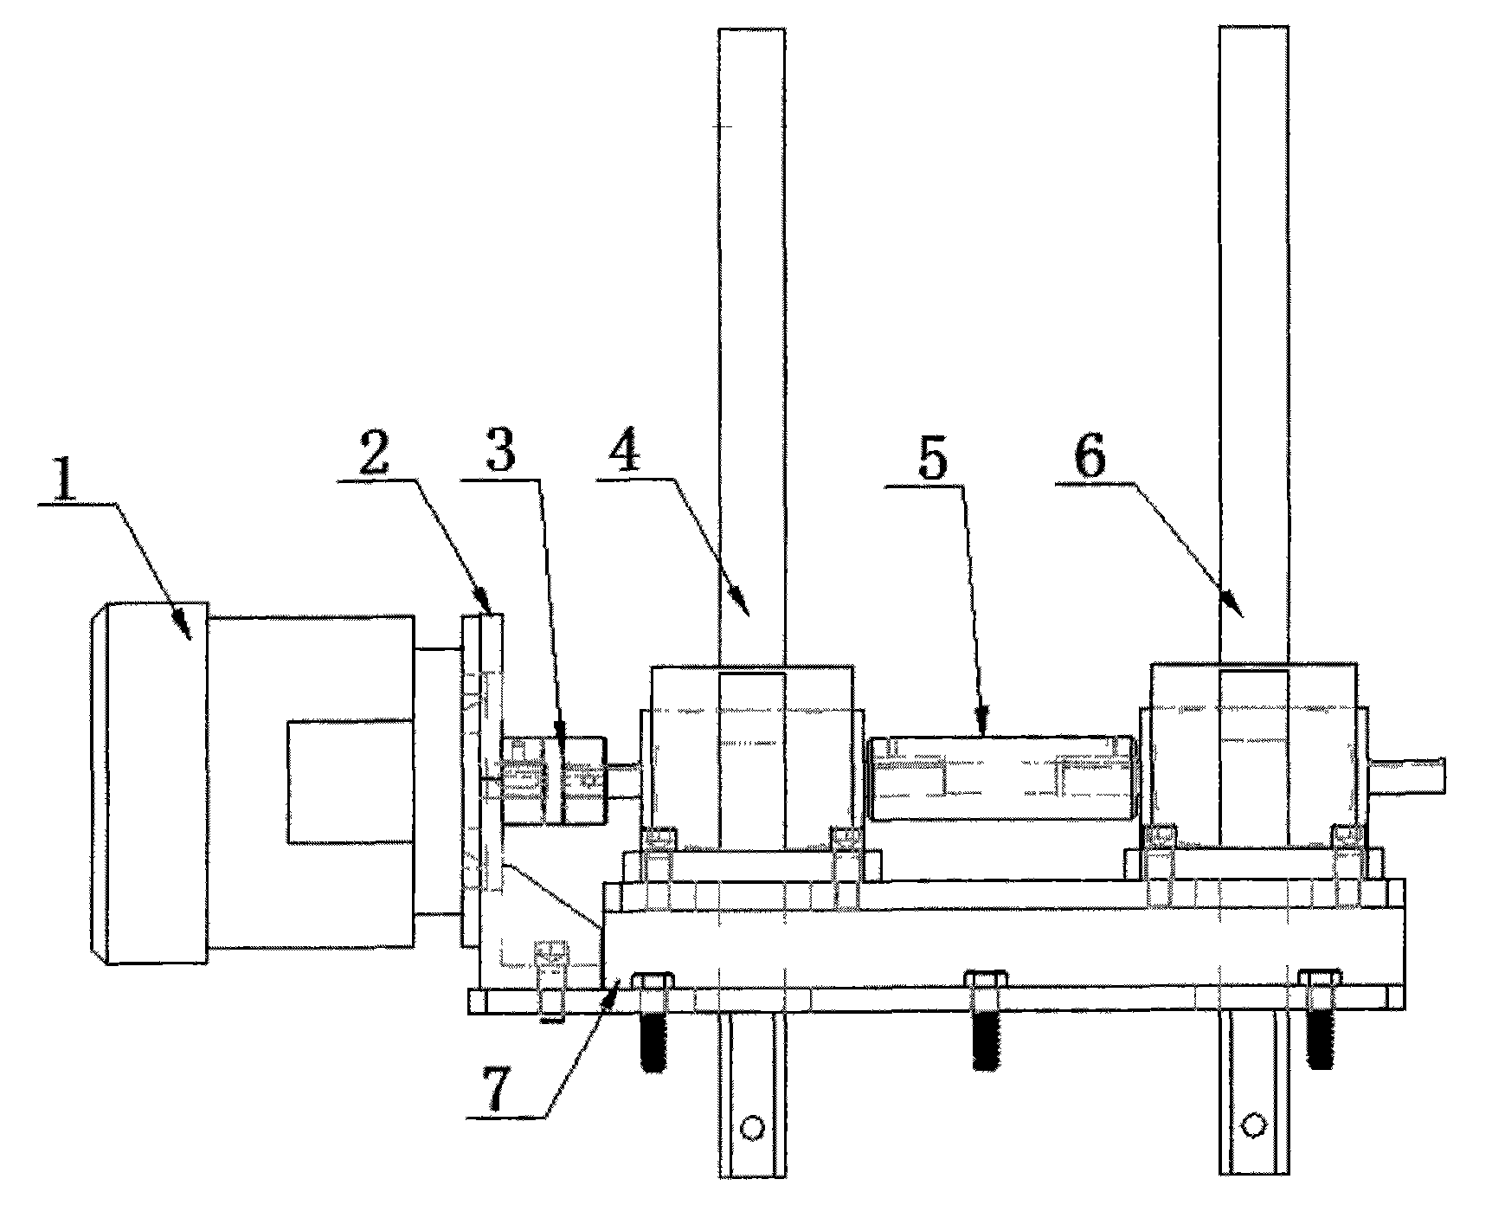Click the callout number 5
(932, 459)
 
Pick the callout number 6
(1090, 452)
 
